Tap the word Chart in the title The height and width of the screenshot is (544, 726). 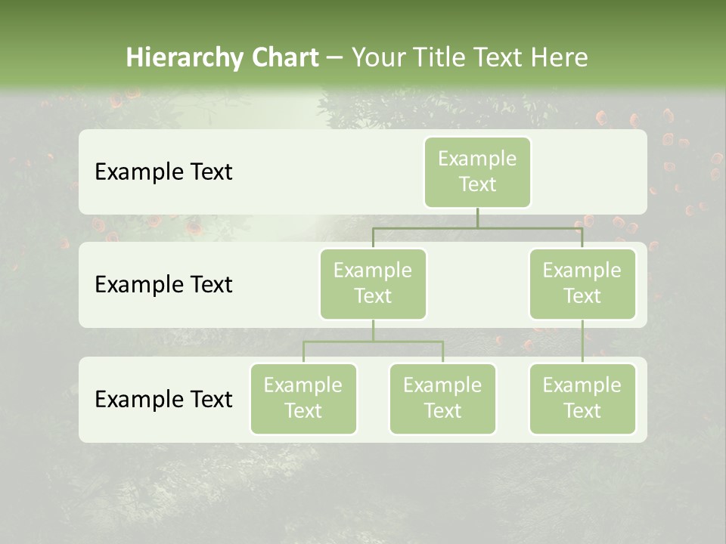282,58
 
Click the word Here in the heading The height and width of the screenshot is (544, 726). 560,58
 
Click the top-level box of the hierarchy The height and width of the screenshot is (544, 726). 477,172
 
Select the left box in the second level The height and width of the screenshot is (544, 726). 373,283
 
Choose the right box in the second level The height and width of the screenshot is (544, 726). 582,283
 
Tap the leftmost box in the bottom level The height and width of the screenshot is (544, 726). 303,398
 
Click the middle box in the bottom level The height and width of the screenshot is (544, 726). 442,398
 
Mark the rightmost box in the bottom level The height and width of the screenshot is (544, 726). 582,398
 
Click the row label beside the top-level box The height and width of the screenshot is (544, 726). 163,172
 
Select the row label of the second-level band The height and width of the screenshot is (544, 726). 163,285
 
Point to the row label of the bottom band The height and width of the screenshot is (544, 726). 163,399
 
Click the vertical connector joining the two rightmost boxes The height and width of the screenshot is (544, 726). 582,342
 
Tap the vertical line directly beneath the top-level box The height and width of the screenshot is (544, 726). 477,218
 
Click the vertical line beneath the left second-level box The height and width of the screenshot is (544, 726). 373,330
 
